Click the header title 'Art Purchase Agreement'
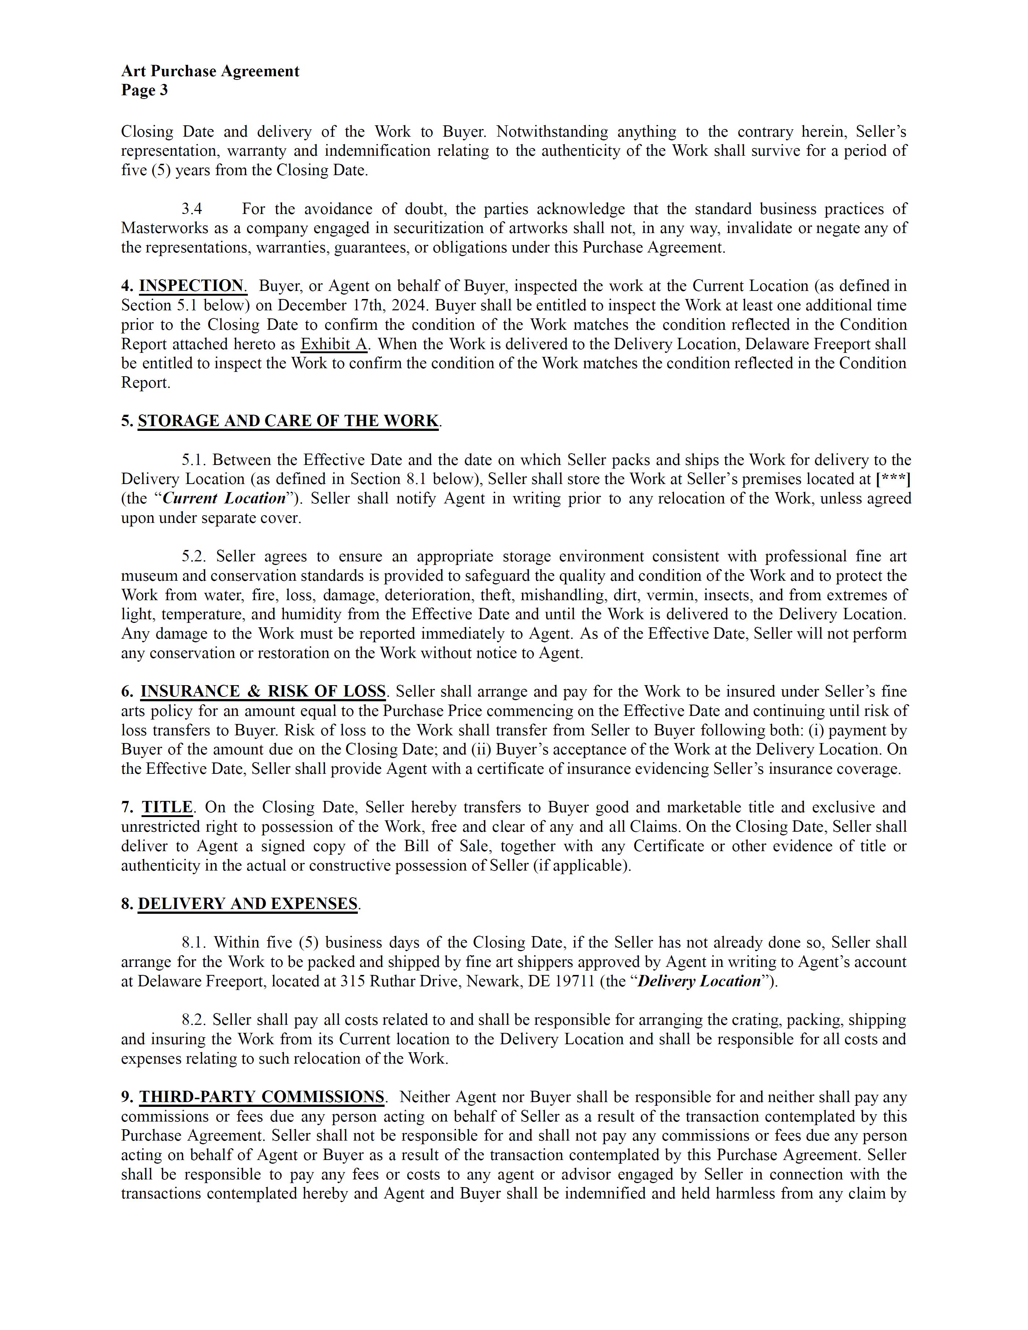pos(210,71)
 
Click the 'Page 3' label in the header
pos(144,91)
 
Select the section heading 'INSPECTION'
pos(191,286)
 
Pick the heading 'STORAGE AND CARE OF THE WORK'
pos(288,421)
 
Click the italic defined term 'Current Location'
pos(224,498)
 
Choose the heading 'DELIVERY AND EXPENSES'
pos(247,904)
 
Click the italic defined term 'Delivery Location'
pos(699,981)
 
